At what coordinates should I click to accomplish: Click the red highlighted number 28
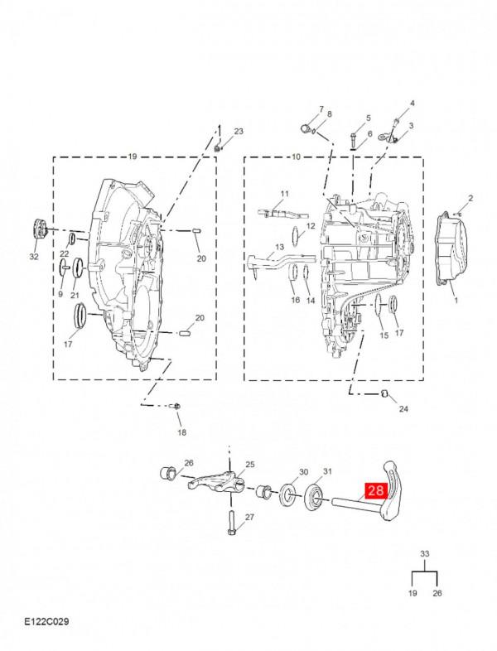(x=376, y=490)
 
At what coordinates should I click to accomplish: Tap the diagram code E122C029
(x=46, y=621)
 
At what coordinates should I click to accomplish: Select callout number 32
(x=34, y=257)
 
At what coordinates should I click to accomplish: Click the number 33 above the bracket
(x=424, y=553)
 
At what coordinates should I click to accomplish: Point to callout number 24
(x=403, y=409)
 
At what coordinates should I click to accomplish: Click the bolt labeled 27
(x=231, y=523)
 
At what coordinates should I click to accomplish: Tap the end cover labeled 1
(x=451, y=249)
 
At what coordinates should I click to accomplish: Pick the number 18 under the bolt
(x=182, y=432)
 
